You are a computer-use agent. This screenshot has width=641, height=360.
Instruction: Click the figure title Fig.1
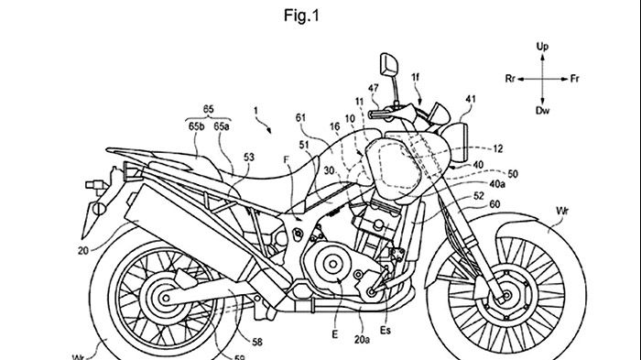click(x=301, y=16)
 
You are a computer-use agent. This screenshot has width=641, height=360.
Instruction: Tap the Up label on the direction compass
click(x=542, y=46)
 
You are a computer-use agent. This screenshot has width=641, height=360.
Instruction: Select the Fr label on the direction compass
click(x=574, y=79)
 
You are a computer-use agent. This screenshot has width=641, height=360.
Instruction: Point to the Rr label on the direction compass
click(x=510, y=79)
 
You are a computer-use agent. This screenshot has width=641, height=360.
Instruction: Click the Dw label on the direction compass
click(x=542, y=110)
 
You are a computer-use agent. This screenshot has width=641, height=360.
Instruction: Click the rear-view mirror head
click(x=389, y=65)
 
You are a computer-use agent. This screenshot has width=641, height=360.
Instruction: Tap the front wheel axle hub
click(x=507, y=295)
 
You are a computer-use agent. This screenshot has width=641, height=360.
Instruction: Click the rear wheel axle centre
click(x=165, y=299)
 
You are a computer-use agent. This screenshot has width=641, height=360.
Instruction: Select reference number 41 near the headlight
click(x=471, y=99)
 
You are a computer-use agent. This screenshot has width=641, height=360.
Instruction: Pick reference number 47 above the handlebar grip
click(x=373, y=88)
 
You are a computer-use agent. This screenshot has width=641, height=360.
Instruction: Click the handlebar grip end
click(x=371, y=115)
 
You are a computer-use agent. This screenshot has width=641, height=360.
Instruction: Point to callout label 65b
click(x=196, y=126)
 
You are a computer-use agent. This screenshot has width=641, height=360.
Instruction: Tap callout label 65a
click(x=222, y=126)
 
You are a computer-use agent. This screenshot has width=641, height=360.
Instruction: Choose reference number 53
click(x=248, y=157)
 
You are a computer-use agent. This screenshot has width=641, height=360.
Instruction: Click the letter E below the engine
click(x=335, y=334)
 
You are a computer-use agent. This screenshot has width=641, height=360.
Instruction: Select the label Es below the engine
click(x=386, y=330)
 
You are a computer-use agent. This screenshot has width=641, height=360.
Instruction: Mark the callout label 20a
click(x=362, y=339)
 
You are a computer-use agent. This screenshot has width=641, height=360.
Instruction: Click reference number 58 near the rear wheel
click(x=256, y=342)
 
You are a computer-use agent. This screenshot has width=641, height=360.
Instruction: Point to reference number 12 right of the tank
click(x=497, y=149)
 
